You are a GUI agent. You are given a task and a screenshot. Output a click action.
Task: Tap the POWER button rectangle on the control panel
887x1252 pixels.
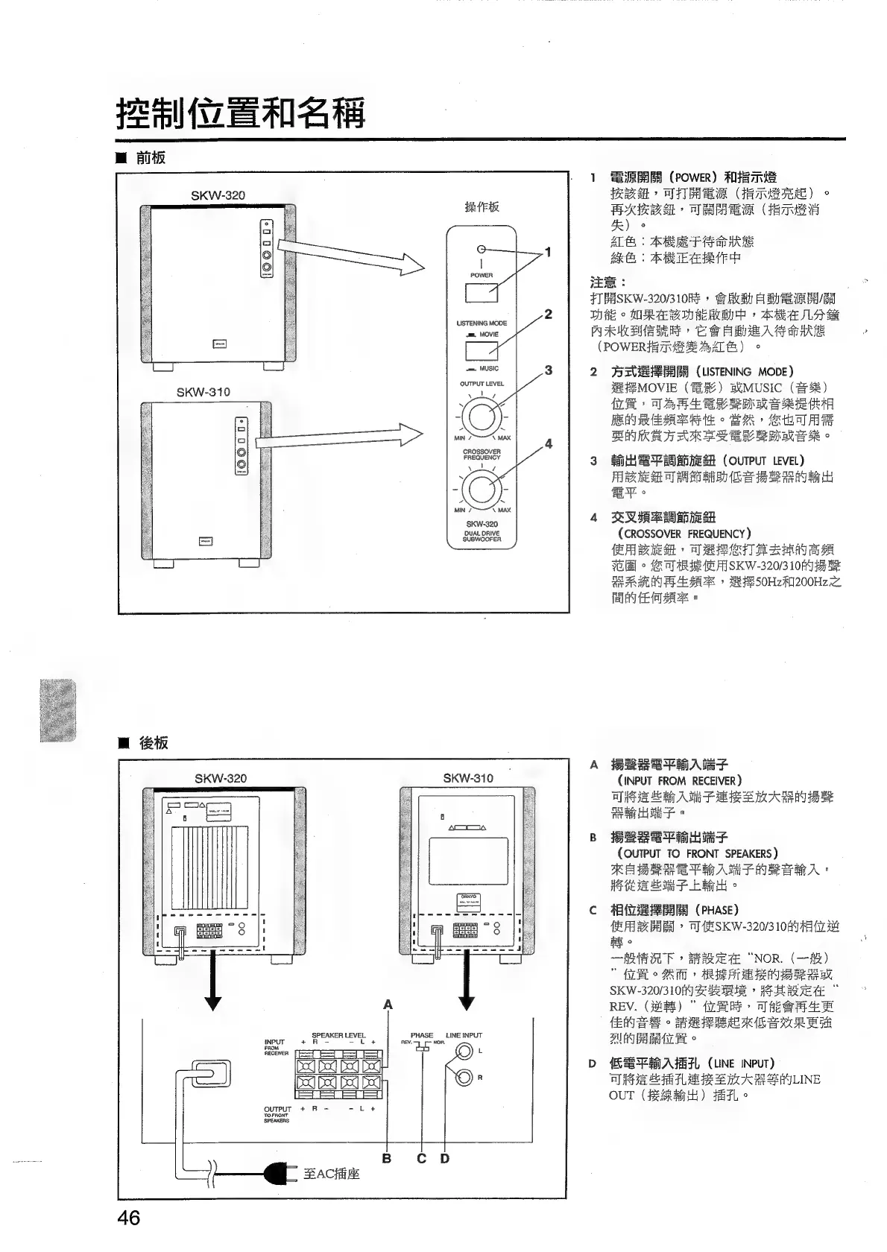coord(482,292)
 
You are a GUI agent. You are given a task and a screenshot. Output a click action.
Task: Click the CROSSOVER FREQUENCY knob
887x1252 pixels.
coord(482,489)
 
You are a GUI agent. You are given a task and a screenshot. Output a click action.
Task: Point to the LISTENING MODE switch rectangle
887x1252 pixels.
coord(482,351)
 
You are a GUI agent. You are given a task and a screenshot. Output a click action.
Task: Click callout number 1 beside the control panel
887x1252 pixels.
coord(549,252)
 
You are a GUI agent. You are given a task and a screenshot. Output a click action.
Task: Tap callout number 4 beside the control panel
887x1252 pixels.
coord(549,444)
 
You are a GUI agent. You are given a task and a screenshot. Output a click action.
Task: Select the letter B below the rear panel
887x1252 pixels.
coord(387,1158)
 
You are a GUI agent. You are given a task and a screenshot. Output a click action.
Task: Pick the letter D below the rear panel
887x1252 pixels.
coord(445,1158)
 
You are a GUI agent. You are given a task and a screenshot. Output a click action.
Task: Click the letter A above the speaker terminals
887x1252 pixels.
coord(388,1005)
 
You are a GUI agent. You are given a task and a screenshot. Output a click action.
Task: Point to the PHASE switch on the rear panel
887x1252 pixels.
coord(423,1049)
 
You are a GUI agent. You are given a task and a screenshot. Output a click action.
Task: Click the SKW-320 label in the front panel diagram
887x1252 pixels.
coord(218,196)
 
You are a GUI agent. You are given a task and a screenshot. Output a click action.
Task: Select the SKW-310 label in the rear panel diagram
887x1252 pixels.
coord(468,778)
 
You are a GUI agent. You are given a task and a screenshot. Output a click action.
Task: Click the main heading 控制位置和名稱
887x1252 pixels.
coord(241,113)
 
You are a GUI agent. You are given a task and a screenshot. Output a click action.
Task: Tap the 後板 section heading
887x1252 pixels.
coord(153,742)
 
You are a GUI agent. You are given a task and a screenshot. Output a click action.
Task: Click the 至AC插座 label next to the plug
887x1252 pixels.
coord(332,1174)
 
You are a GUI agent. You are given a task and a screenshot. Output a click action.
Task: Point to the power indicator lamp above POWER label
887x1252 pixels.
coord(482,250)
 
